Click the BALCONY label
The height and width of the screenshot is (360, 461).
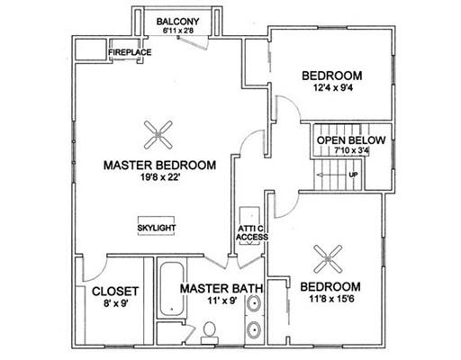coord(177,22)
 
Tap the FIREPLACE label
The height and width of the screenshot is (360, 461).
coord(130,52)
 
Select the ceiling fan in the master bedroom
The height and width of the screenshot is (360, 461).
coord(158,135)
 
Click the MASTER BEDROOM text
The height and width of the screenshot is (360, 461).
coord(159,166)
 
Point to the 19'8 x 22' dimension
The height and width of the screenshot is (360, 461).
coord(160,177)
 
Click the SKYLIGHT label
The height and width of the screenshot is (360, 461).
coord(157,228)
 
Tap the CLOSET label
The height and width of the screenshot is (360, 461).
coord(115,292)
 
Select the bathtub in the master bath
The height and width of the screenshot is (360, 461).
coord(172,289)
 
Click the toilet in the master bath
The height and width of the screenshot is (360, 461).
coord(209,332)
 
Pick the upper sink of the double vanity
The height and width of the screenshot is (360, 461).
coord(254,303)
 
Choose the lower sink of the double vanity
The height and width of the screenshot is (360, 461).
coord(254,330)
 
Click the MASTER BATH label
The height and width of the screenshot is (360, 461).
coord(221,289)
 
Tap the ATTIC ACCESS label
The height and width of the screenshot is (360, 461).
coord(252,233)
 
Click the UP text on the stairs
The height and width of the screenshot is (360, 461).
coord(353,175)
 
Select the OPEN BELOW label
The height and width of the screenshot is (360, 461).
coord(351,140)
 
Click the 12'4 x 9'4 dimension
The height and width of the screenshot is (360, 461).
coord(333,88)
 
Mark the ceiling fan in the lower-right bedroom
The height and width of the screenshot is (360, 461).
coord(328,259)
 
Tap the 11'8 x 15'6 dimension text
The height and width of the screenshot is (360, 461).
coord(331,299)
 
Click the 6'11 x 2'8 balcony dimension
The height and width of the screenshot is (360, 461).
coord(177,31)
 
